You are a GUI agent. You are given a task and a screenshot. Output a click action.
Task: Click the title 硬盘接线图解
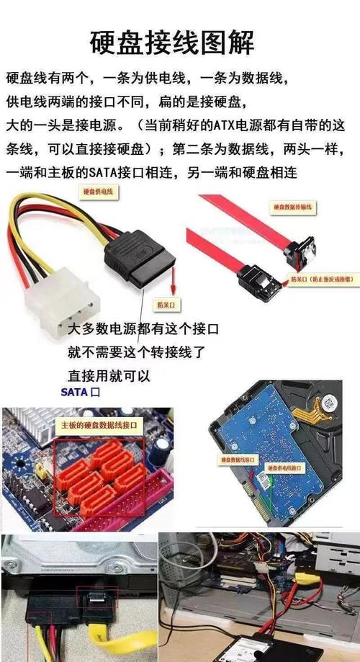(172, 42)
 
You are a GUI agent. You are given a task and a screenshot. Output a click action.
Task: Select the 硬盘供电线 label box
(97, 192)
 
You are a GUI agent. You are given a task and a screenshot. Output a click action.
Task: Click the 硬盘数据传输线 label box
(292, 207)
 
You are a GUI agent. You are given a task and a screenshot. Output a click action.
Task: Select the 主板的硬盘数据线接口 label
(102, 426)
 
